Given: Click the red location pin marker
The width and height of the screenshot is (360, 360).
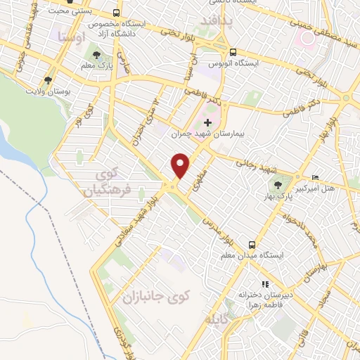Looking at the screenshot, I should point(181,165).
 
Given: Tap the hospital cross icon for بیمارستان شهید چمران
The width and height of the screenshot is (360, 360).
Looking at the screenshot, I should point(207,123).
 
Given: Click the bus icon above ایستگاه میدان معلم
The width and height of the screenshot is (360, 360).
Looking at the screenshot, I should point(252,245).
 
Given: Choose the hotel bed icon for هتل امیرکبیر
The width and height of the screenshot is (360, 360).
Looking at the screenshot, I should point(315,177).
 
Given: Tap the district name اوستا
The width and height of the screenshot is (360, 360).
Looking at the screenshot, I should point(72,34).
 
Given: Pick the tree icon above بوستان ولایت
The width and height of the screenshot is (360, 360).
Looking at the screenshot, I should point(48,80).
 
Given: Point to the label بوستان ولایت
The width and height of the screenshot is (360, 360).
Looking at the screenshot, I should point(49,91).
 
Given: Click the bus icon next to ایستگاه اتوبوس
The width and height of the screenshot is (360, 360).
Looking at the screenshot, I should point(233,51).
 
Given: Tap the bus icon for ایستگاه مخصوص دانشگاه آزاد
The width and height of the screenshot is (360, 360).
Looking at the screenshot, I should point(115,14).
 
